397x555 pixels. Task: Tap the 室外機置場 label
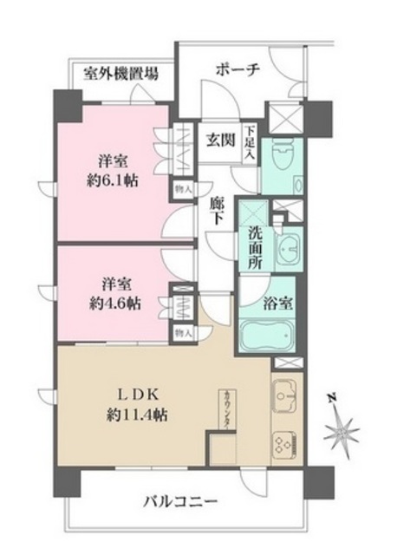coord(121,74)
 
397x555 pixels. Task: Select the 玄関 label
coord(218,140)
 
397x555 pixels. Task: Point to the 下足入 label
coord(250,140)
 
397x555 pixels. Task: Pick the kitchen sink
coord(287,398)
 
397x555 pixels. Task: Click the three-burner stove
coord(287,444)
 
